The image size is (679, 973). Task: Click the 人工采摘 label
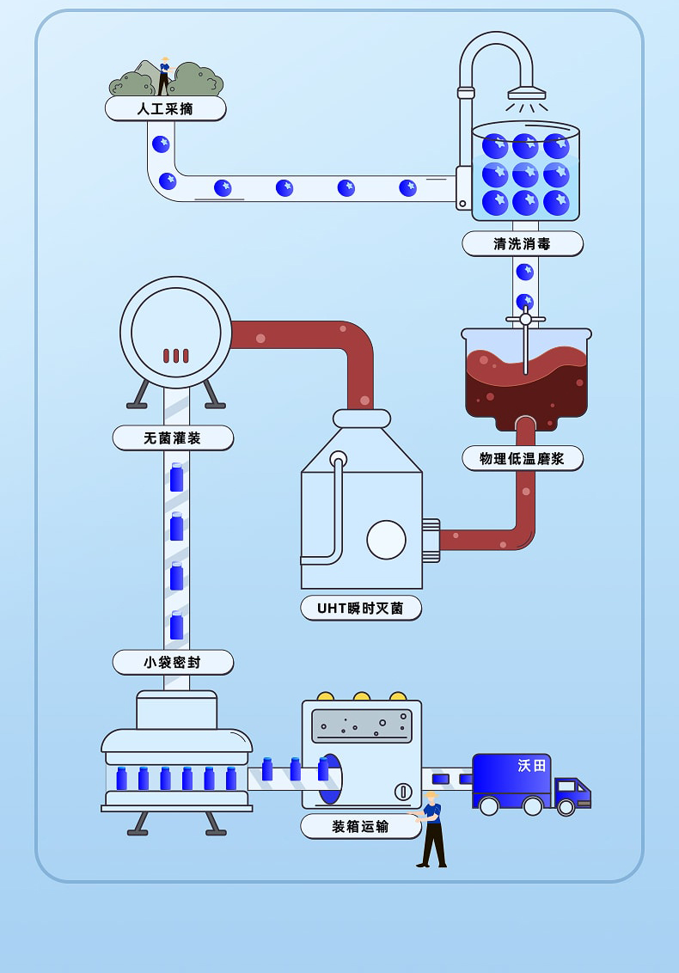coord(165,108)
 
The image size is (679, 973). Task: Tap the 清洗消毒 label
coord(522,243)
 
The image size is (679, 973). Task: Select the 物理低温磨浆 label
coord(522,458)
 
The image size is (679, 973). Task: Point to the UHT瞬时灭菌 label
coord(360,608)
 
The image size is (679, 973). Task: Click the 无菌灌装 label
coord(172,438)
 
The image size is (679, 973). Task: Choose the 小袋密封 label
coord(172,662)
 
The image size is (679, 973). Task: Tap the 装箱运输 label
coord(360,826)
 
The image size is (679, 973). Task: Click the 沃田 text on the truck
coord(531,765)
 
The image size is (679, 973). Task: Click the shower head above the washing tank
coord(526,93)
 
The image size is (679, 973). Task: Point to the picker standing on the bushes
coord(163,76)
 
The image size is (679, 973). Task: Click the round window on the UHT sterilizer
coord(386,540)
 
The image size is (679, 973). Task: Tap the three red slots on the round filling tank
coord(176,355)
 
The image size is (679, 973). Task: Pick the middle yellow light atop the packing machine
coord(362,696)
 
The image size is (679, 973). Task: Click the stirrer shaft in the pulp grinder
coord(525,344)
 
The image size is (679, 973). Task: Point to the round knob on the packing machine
coord(403,791)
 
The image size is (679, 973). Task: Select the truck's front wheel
coord(566,807)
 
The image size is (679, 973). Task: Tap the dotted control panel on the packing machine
coord(361,725)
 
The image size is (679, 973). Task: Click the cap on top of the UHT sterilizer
coord(362,419)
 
